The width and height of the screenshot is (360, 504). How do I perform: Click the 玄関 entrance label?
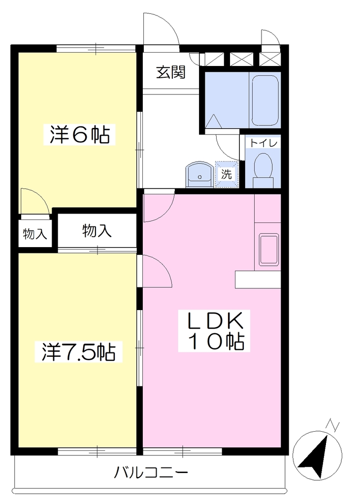tap(171, 72)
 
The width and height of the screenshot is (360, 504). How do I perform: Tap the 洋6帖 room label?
tap(80, 135)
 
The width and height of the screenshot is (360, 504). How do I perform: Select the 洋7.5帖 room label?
tap(79, 352)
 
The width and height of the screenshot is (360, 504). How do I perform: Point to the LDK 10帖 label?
tap(214, 331)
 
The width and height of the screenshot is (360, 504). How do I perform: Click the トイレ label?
tap(263, 143)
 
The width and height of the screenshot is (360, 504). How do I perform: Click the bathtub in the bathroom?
tap(265, 100)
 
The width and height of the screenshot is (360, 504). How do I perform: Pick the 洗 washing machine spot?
tap(227, 174)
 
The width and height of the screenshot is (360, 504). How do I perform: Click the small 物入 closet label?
tap(35, 234)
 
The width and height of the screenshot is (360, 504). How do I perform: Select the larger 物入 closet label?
tap(97, 230)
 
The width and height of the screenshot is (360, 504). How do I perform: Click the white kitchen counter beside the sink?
tap(258, 280)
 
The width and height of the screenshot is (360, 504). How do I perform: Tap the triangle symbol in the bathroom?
tap(213, 121)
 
